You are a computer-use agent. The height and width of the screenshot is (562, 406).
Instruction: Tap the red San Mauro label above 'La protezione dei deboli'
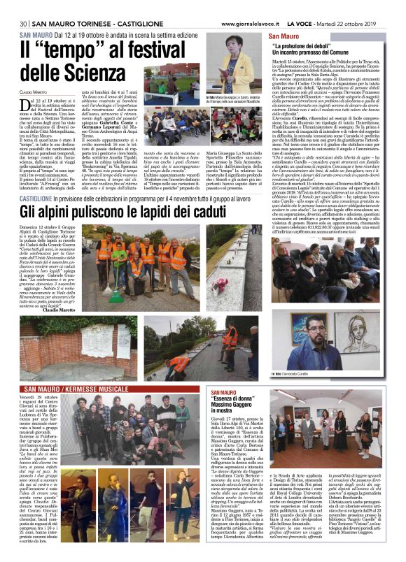(283, 35)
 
